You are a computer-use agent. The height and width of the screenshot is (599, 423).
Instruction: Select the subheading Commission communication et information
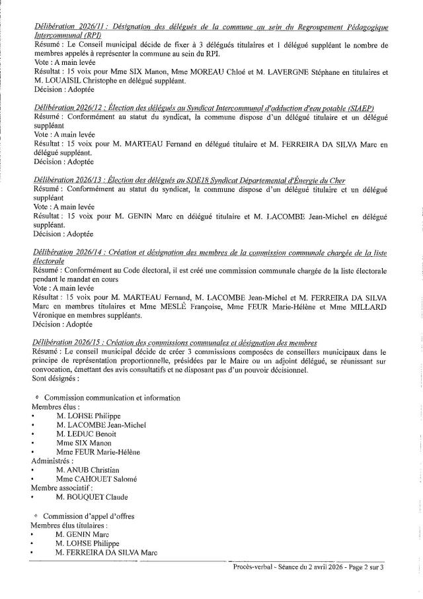pos(111,398)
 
